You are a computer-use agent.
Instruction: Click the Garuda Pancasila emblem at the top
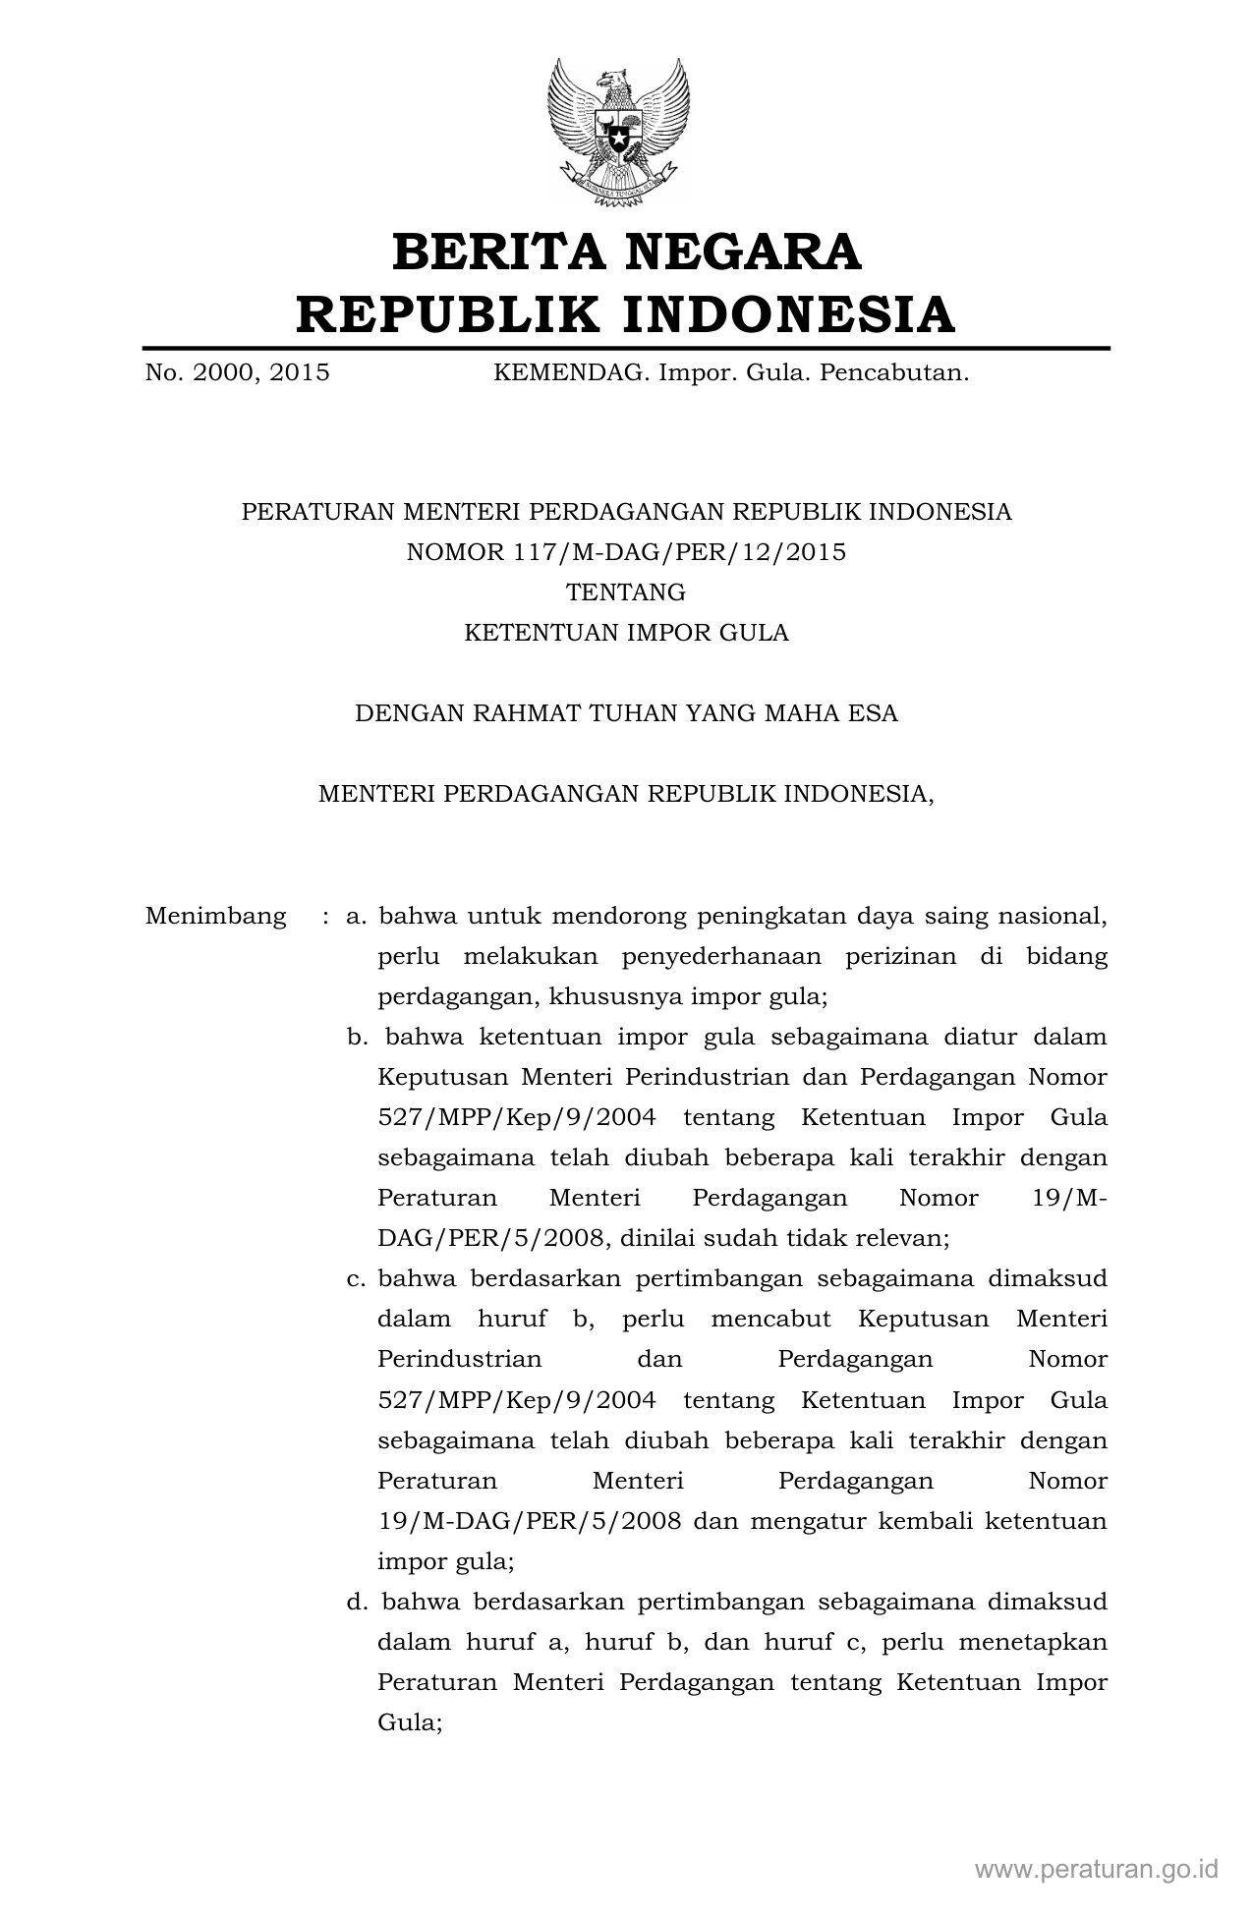coord(618,132)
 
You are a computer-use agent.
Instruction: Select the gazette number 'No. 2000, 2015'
coord(237,373)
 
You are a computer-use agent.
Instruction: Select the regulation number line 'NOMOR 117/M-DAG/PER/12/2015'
coord(626,552)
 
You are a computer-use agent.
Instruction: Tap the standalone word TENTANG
coord(626,592)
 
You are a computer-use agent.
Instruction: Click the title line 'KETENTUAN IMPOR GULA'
coord(626,633)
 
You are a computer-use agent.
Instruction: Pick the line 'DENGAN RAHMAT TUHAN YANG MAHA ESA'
coord(626,713)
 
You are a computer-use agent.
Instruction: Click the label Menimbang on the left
coord(216,917)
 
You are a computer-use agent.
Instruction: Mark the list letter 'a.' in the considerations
coord(356,917)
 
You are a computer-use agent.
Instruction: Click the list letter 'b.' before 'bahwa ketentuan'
coord(357,1038)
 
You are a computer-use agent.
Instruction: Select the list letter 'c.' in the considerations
coord(356,1279)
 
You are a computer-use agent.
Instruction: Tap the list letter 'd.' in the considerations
coord(357,1602)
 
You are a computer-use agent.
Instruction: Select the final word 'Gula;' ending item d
coord(409,1722)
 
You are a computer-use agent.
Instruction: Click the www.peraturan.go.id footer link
coord(1097,1868)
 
